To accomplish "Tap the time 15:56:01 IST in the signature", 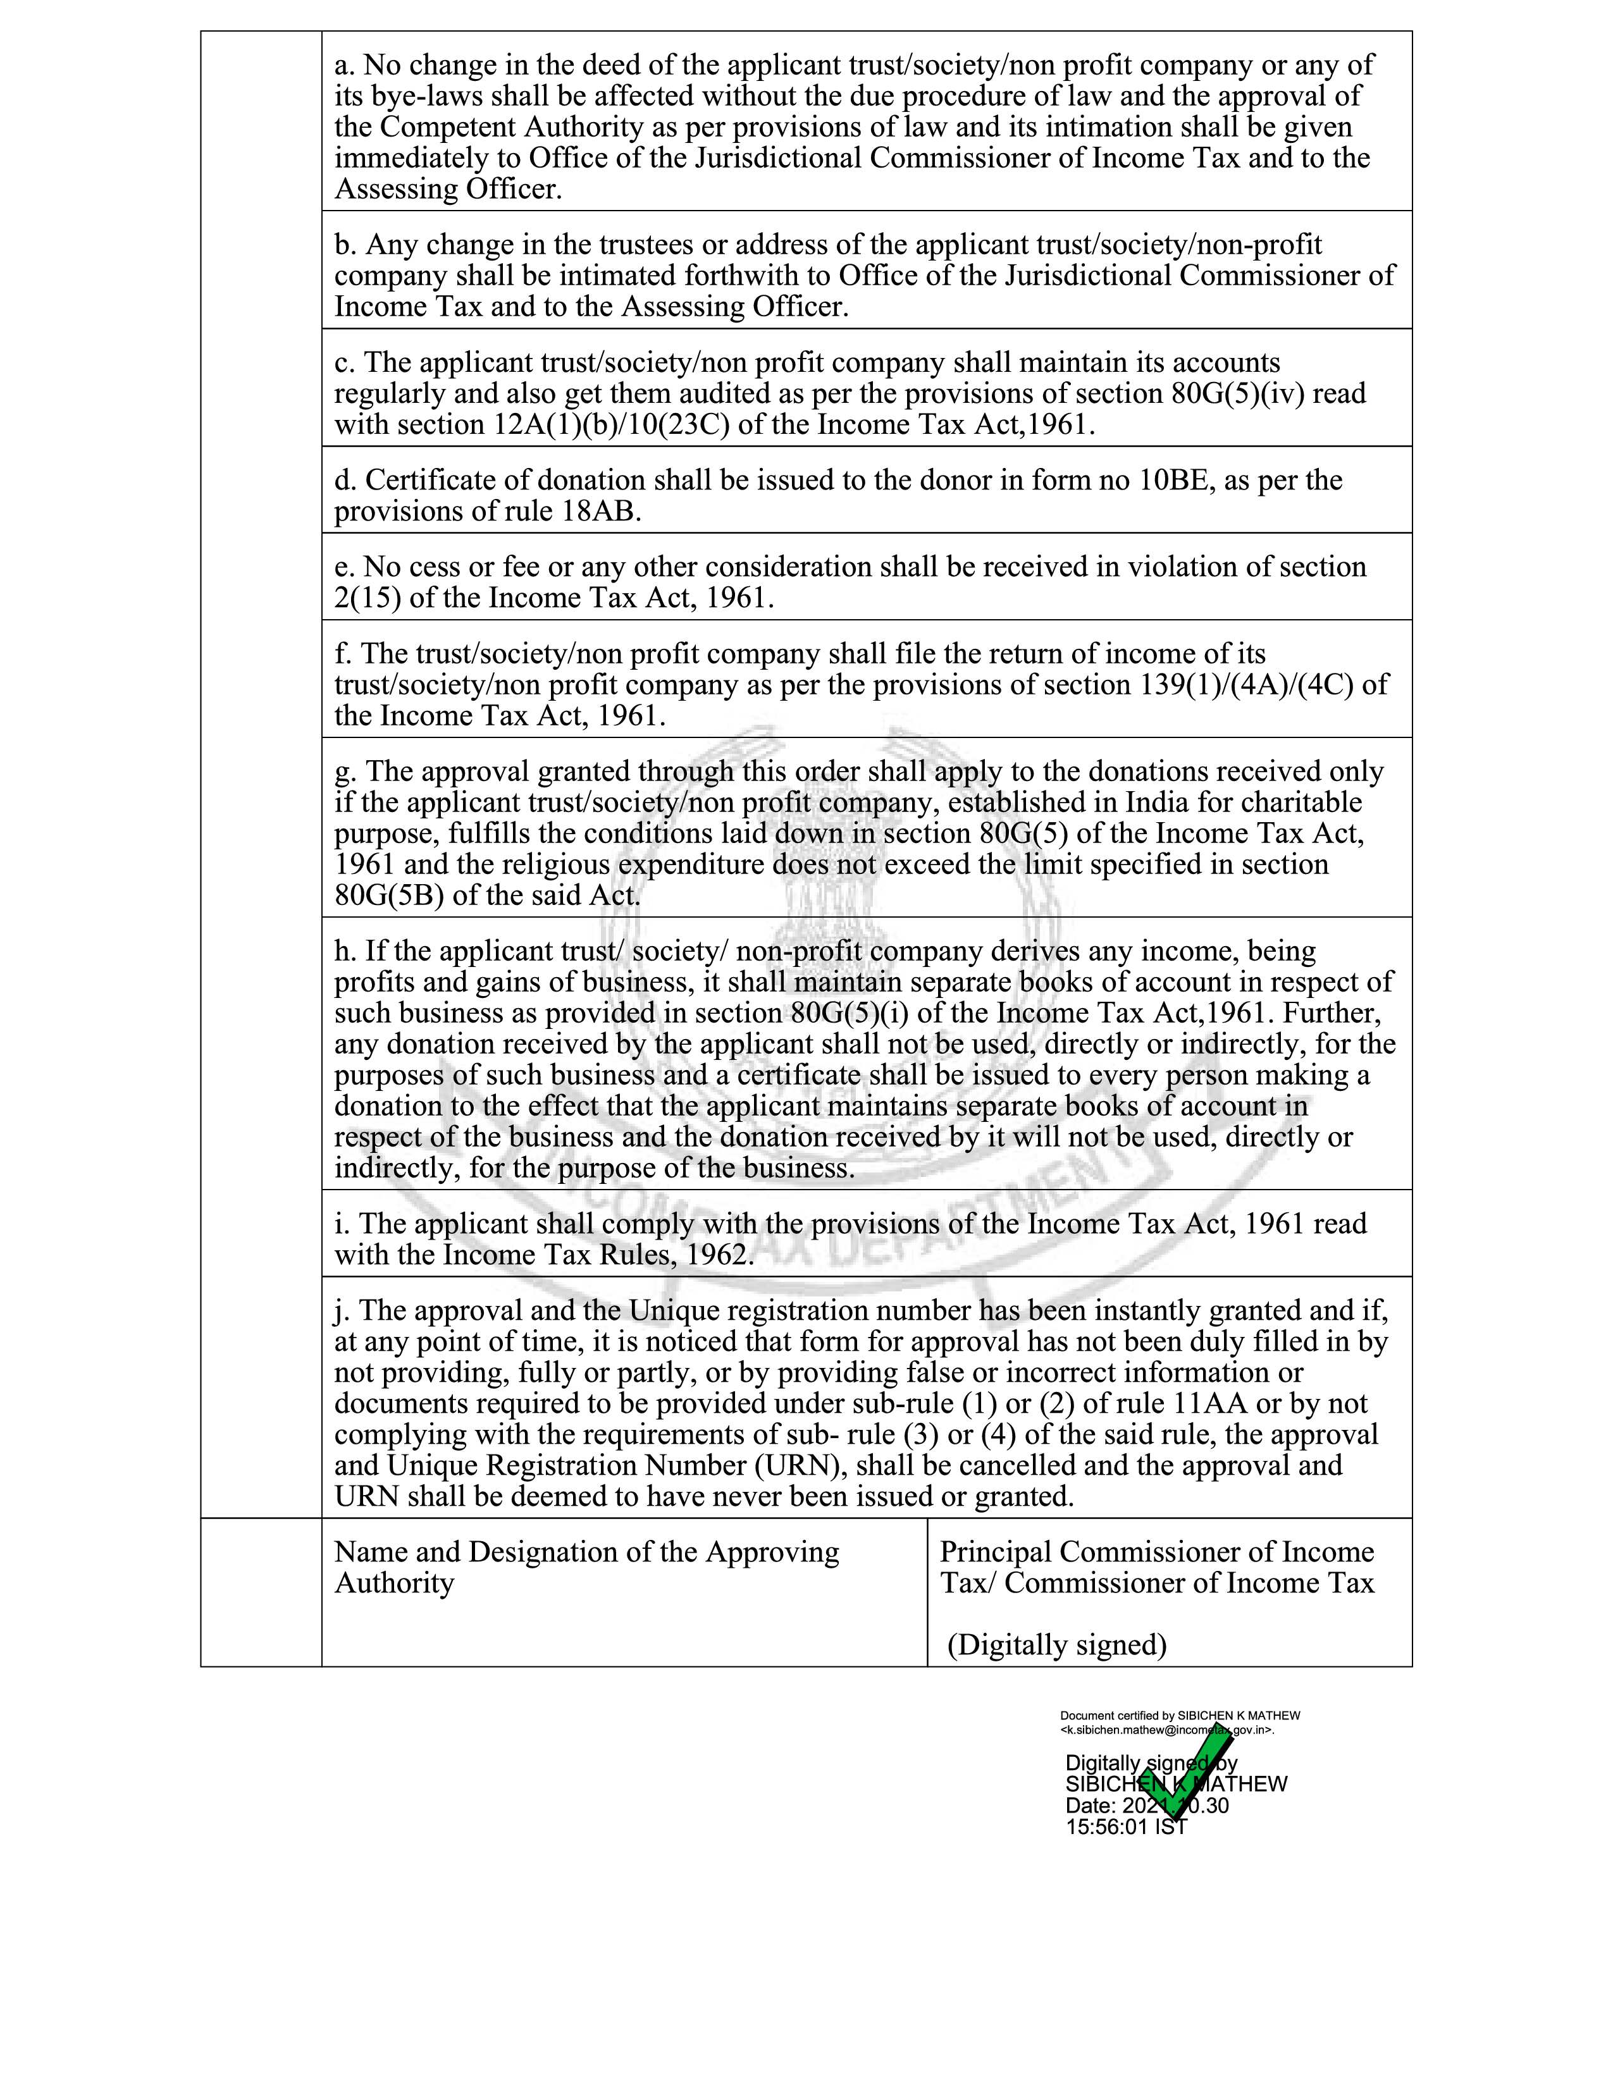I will [x=1126, y=1826].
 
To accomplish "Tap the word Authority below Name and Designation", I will [x=393, y=1584].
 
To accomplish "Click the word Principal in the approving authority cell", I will [x=996, y=1552].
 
